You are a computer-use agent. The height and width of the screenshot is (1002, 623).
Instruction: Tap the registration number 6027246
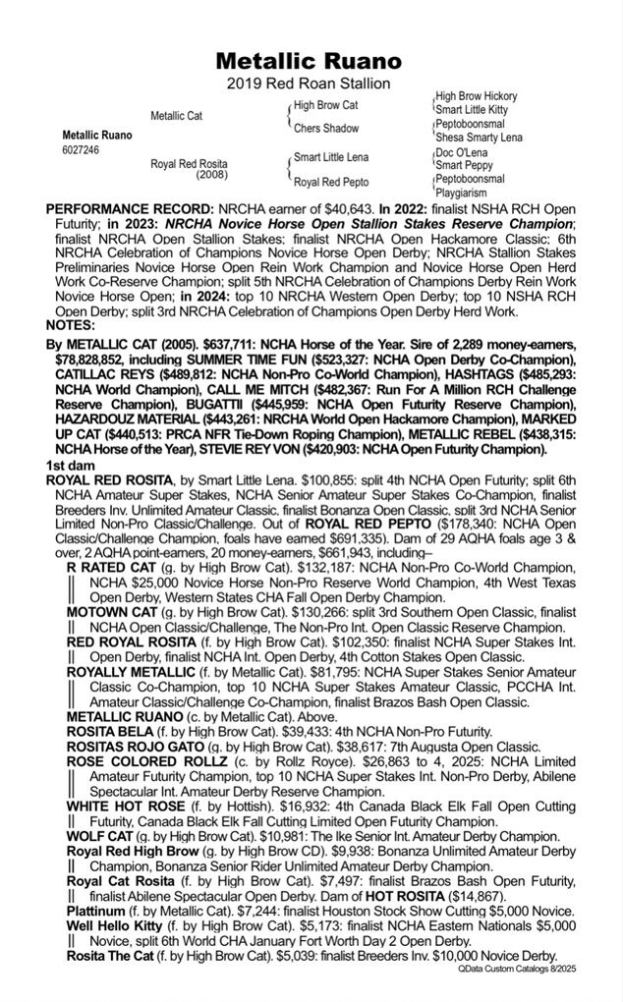[81, 149]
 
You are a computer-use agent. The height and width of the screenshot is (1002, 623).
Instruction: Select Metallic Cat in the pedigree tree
[177, 116]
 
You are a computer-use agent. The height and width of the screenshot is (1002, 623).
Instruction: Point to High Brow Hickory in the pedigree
[477, 96]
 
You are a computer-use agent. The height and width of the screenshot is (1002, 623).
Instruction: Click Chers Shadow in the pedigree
[327, 129]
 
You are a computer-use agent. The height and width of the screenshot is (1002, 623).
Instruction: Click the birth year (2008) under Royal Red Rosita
[211, 175]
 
